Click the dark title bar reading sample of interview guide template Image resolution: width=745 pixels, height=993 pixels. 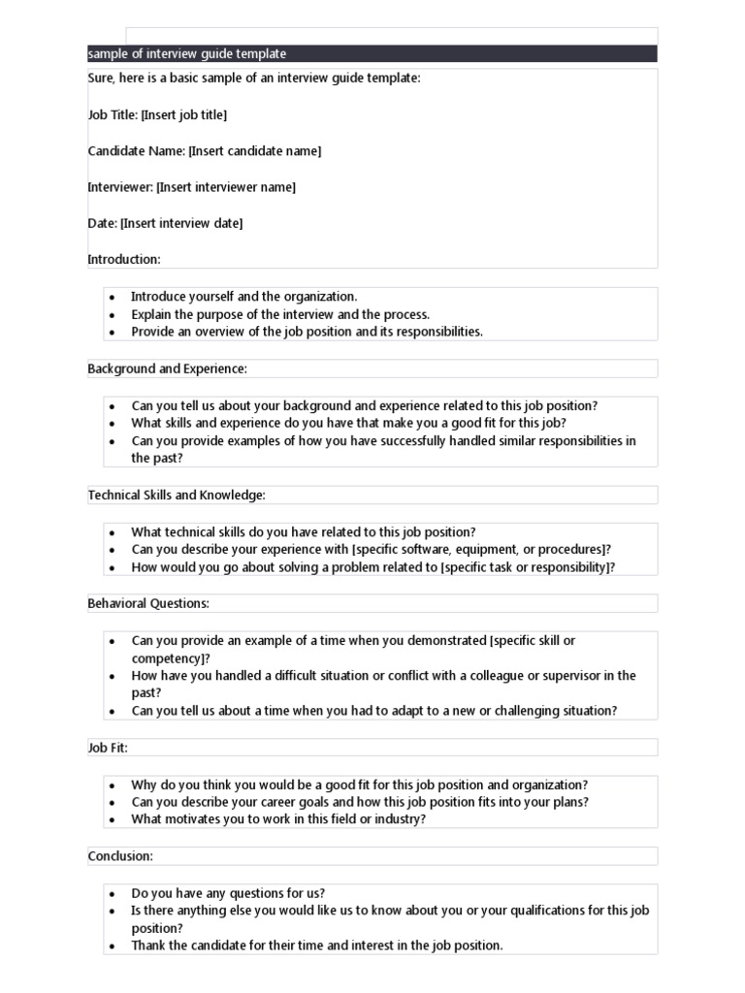tap(372, 54)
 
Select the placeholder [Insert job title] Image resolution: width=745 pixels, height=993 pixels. tap(183, 115)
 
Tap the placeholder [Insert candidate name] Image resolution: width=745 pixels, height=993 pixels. tap(254, 151)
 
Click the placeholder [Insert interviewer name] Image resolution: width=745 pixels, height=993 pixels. tap(225, 187)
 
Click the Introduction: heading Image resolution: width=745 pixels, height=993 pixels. tap(124, 259)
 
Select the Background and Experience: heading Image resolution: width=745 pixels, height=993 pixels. tap(168, 368)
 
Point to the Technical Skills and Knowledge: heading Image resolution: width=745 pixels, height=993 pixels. tap(177, 496)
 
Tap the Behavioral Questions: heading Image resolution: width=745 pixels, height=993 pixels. tap(148, 604)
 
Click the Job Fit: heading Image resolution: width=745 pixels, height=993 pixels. tap(108, 748)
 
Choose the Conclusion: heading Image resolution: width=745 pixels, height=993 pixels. tap(120, 856)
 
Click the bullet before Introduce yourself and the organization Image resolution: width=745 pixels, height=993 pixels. tap(113, 298)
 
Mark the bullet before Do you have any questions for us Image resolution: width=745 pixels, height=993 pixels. tap(113, 894)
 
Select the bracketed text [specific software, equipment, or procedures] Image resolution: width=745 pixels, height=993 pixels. tap(480, 550)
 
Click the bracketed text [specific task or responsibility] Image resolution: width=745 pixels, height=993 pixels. tap(525, 567)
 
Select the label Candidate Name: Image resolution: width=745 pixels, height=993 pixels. tap(136, 151)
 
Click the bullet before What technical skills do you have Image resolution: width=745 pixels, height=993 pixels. tap(113, 532)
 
